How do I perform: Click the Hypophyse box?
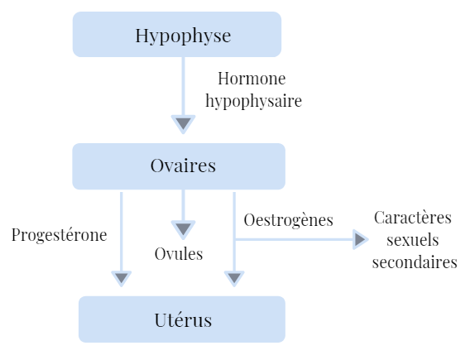[x=177, y=34]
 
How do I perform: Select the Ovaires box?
[x=179, y=166]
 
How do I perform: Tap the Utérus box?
[x=182, y=319]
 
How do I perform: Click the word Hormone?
[x=252, y=79]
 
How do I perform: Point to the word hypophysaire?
[x=253, y=101]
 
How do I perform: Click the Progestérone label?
[x=59, y=235]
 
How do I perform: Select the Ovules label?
[x=179, y=253]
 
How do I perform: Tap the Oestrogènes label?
[x=288, y=219]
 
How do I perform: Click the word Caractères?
[x=413, y=218]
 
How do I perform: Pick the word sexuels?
[x=413, y=240]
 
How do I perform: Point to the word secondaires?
[x=415, y=262]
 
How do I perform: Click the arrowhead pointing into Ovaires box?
[x=183, y=124]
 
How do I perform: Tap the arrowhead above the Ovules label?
[x=183, y=229]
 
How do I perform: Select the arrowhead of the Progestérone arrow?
[x=122, y=278]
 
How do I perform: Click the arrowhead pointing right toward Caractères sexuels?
[x=360, y=239]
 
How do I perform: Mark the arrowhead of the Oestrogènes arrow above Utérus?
[x=234, y=278]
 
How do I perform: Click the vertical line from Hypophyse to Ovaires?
[x=183, y=86]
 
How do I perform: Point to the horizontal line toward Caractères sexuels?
[x=294, y=239]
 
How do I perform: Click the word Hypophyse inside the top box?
[x=183, y=36]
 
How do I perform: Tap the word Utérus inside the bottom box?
[x=183, y=319]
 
